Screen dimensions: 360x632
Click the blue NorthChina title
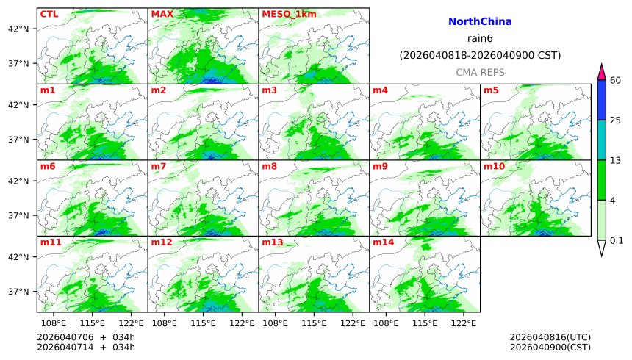pos(479,22)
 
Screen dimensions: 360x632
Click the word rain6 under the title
pos(479,38)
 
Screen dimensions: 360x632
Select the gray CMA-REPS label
pos(479,72)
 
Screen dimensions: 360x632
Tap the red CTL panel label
pos(49,14)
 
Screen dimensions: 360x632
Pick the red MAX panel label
pos(162,14)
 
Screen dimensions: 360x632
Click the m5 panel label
pos(491,90)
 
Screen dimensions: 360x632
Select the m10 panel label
pos(494,166)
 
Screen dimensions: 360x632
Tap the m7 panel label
pos(159,166)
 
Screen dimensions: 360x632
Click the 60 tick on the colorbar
pos(616,80)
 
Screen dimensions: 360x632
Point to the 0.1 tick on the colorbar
pos(617,240)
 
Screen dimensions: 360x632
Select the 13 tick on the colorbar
pos(616,160)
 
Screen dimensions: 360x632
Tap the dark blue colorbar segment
pos(601,100)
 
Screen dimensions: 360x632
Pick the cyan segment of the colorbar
pos(601,140)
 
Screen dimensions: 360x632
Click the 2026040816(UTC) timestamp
pos(550,337)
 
